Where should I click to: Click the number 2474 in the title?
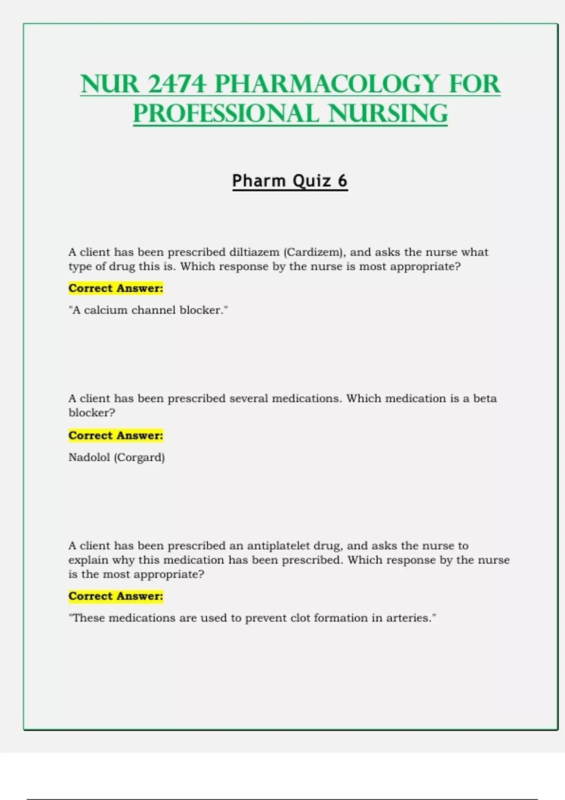[x=177, y=84]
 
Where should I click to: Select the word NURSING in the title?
[x=388, y=114]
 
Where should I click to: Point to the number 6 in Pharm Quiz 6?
[x=342, y=181]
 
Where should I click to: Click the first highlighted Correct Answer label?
[x=116, y=288]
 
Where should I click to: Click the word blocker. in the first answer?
[x=203, y=310]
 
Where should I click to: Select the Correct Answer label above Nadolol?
[x=116, y=435]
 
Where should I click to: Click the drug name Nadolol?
[x=89, y=457]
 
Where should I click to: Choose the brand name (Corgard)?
[x=139, y=457]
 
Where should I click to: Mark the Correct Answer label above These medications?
[x=116, y=596]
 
